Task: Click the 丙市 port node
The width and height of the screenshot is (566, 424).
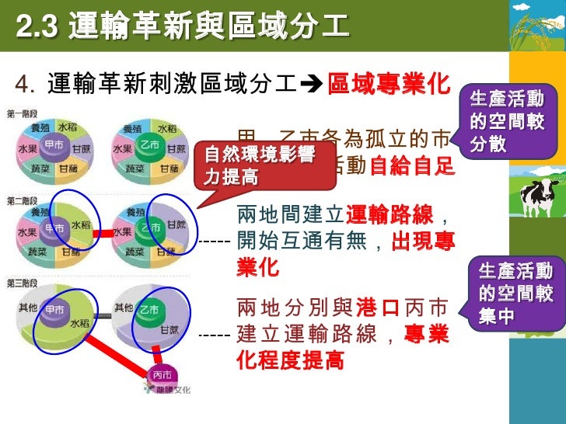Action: coord(162,374)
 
